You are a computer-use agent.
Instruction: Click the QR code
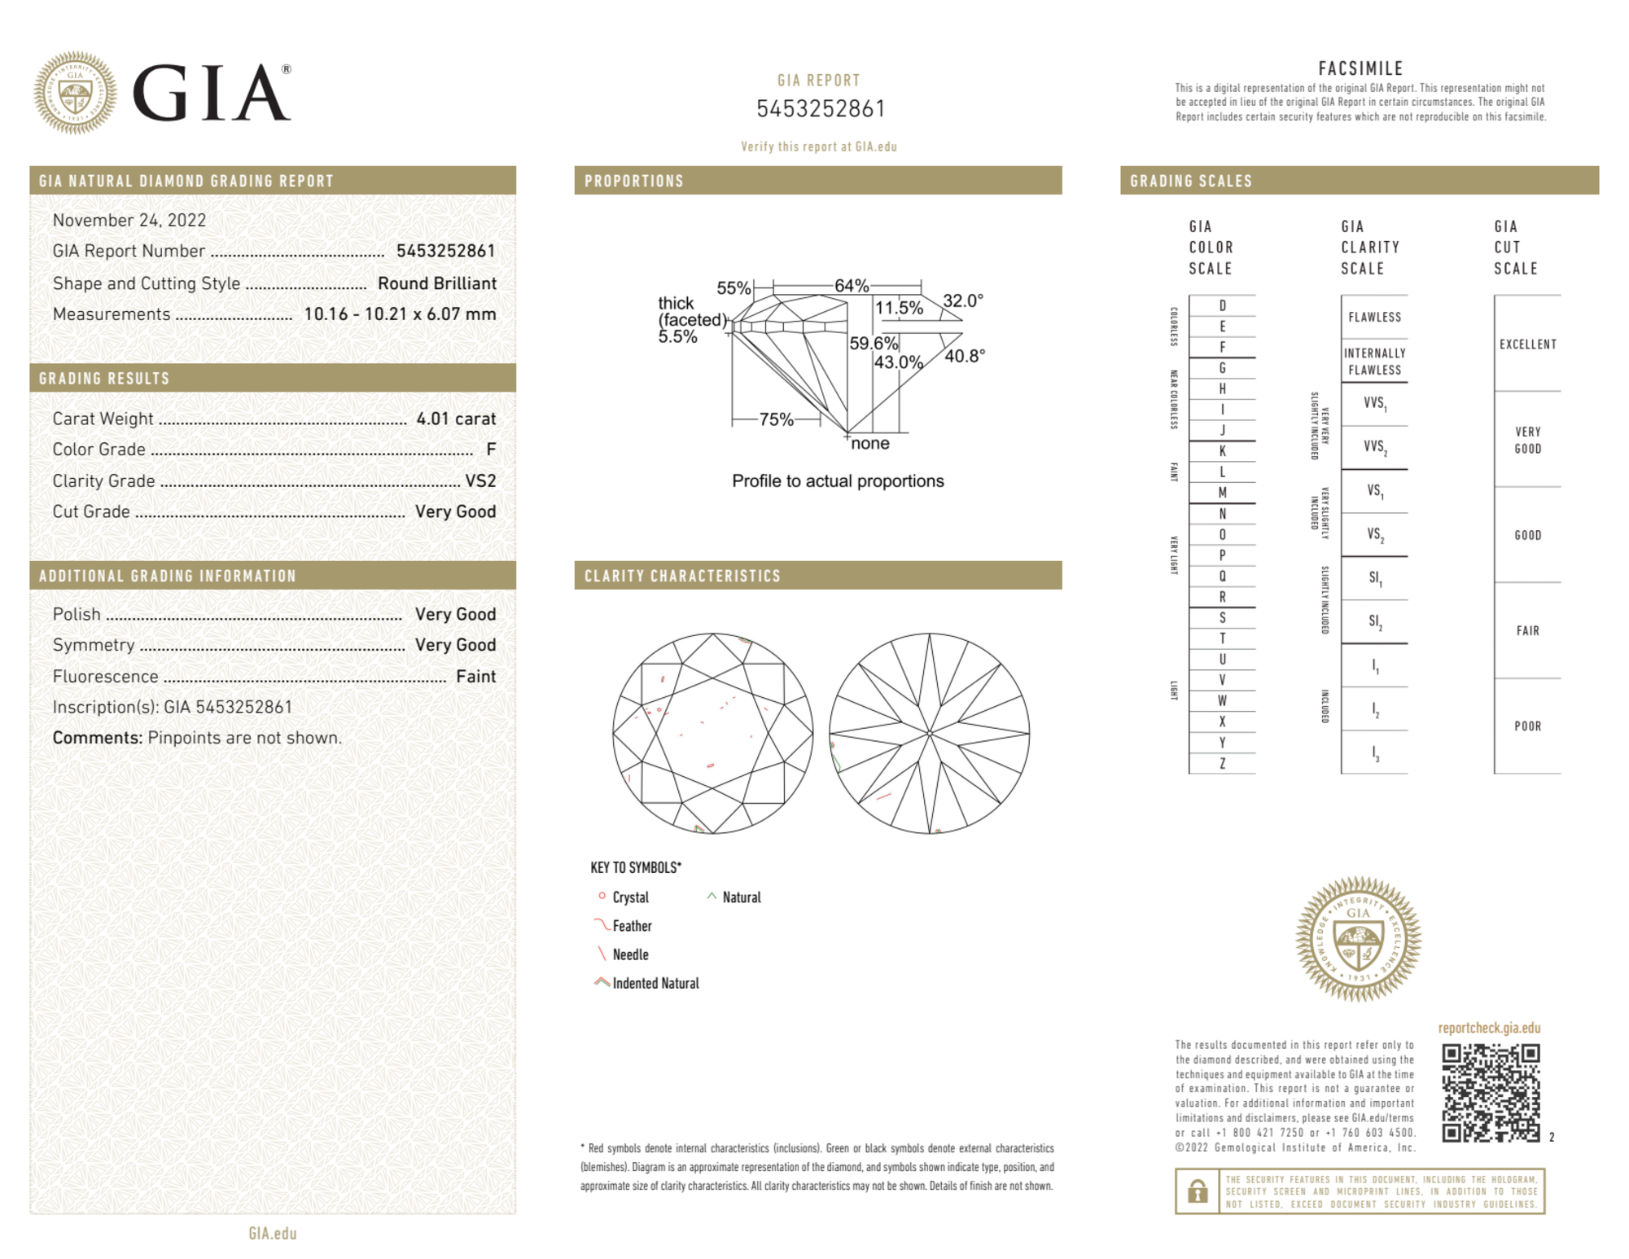click(x=1490, y=1093)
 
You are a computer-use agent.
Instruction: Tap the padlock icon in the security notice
click(x=1197, y=1191)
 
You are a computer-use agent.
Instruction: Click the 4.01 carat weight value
click(x=455, y=419)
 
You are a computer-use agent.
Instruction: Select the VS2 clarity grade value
click(x=480, y=480)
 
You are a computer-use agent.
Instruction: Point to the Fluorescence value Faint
click(x=475, y=676)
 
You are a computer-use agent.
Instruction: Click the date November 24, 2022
click(x=129, y=220)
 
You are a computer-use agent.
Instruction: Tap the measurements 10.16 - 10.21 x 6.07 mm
click(x=400, y=314)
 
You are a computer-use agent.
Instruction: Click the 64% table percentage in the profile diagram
click(x=852, y=286)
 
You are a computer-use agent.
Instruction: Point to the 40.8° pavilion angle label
click(x=965, y=356)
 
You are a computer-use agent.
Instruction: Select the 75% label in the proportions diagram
click(x=776, y=419)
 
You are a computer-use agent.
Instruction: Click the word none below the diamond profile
click(x=870, y=444)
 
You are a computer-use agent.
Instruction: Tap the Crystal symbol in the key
click(x=602, y=896)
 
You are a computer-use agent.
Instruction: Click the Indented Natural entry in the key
click(x=655, y=983)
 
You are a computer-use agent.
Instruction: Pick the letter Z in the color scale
click(x=1222, y=764)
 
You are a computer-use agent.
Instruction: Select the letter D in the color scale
click(x=1222, y=306)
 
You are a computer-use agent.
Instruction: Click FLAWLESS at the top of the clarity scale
click(x=1374, y=318)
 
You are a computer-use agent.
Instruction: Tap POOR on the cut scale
click(x=1527, y=726)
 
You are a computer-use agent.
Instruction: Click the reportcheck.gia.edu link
click(x=1489, y=1028)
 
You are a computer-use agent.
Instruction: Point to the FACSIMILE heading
click(x=1360, y=68)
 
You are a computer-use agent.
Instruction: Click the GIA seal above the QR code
click(x=1358, y=939)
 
